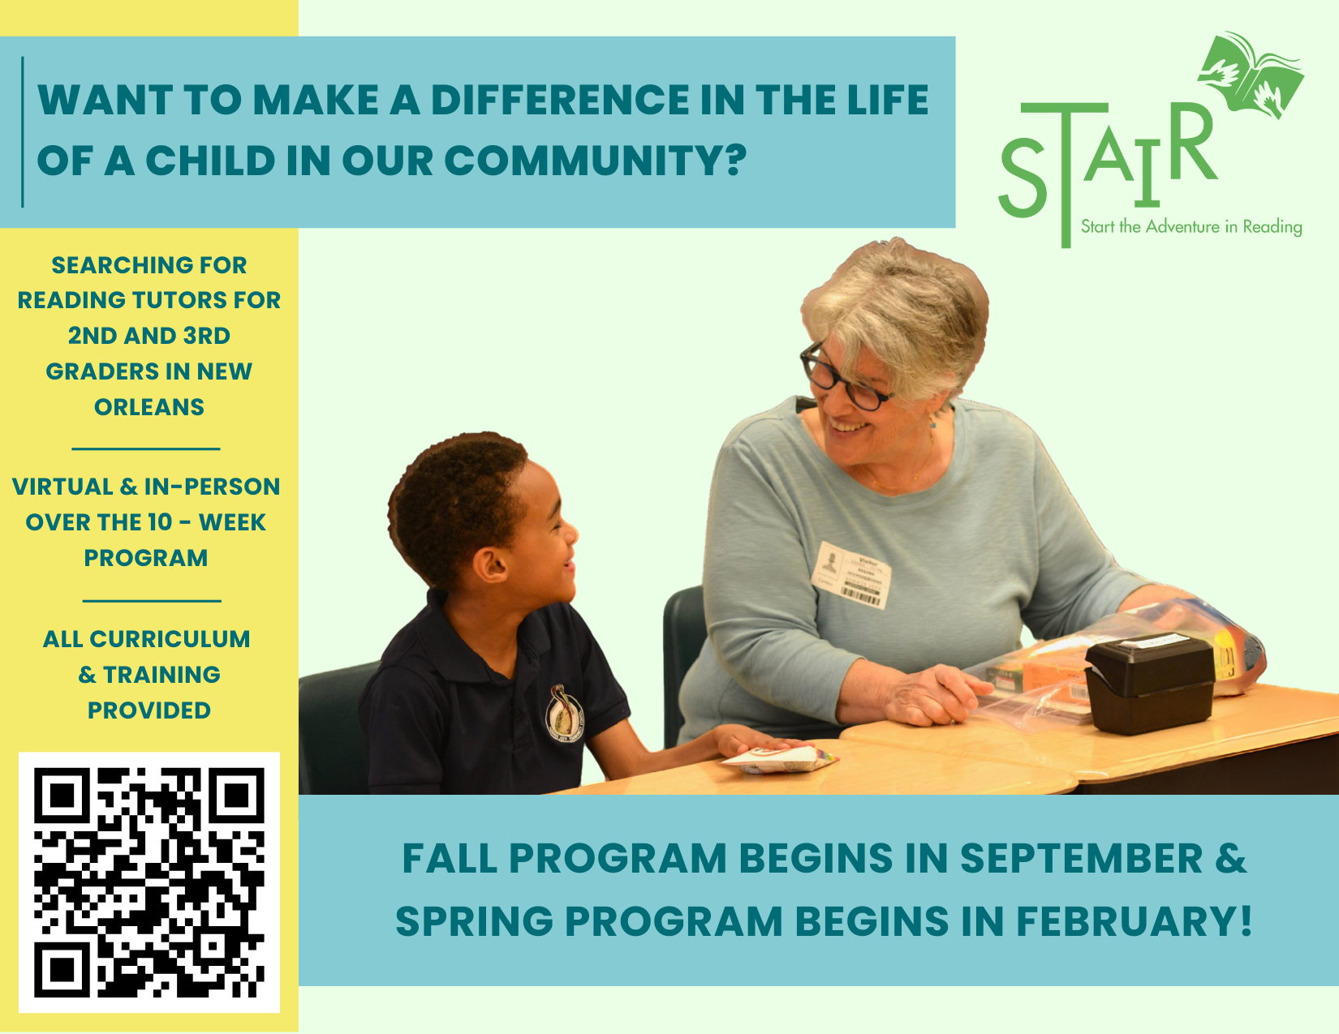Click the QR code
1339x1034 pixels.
pos(149,882)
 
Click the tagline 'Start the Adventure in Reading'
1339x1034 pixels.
pos(1192,226)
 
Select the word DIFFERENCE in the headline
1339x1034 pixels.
pos(560,100)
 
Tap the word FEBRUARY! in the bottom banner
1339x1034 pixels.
pos(1134,920)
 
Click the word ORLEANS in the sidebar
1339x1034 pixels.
pos(149,407)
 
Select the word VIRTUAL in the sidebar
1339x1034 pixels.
pos(62,487)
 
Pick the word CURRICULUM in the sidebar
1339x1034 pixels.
pos(170,639)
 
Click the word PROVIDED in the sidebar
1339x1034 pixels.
pos(149,710)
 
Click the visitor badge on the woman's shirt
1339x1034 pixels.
pos(853,575)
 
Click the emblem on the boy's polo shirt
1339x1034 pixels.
pos(563,712)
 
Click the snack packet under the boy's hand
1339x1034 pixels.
pos(780,760)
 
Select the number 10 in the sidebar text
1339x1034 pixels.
pos(160,522)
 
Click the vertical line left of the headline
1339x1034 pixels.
pos(23,132)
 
